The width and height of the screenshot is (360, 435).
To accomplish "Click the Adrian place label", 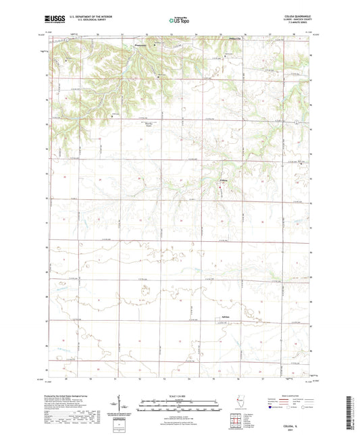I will click(226, 317).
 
